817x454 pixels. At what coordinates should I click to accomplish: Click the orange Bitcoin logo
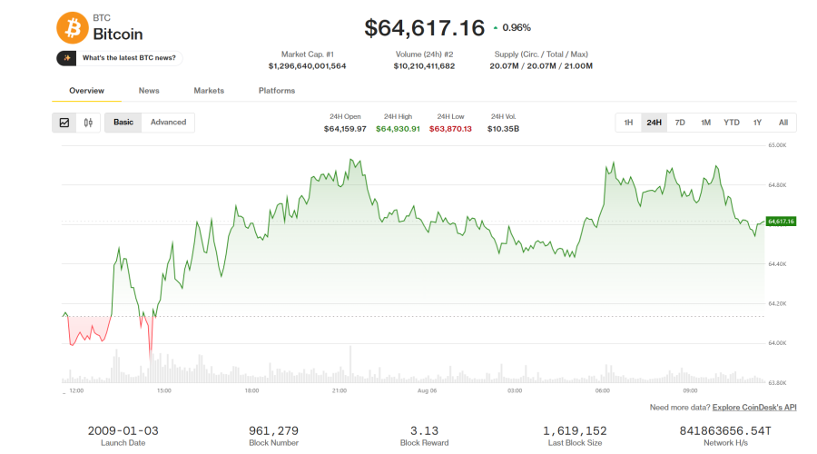point(73,27)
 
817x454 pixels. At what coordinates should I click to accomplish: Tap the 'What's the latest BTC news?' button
point(119,58)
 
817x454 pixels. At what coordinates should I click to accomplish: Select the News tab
point(149,91)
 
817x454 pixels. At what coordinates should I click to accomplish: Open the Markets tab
point(209,91)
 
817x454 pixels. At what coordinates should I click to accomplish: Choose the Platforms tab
point(277,91)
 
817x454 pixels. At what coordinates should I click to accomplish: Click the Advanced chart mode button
point(168,123)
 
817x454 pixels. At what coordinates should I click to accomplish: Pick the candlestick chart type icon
point(88,123)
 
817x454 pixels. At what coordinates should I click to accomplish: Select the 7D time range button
point(680,123)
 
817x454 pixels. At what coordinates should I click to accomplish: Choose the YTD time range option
point(732,123)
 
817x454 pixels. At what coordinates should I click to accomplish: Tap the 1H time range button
point(628,123)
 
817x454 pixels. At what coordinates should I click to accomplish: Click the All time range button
point(783,123)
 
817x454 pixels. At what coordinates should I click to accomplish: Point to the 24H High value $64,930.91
point(399,129)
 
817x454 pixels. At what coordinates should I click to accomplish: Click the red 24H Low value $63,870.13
point(450,129)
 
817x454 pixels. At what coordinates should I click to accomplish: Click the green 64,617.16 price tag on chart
point(781,222)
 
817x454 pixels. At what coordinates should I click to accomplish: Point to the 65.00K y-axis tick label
point(777,145)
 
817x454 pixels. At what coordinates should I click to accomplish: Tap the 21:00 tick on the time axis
point(340,390)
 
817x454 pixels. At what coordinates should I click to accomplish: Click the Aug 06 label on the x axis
point(428,390)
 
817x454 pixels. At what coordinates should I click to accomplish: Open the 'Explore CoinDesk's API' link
point(754,408)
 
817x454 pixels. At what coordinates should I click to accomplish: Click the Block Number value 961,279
point(273,431)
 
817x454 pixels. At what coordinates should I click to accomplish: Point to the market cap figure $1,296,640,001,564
point(308,66)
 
